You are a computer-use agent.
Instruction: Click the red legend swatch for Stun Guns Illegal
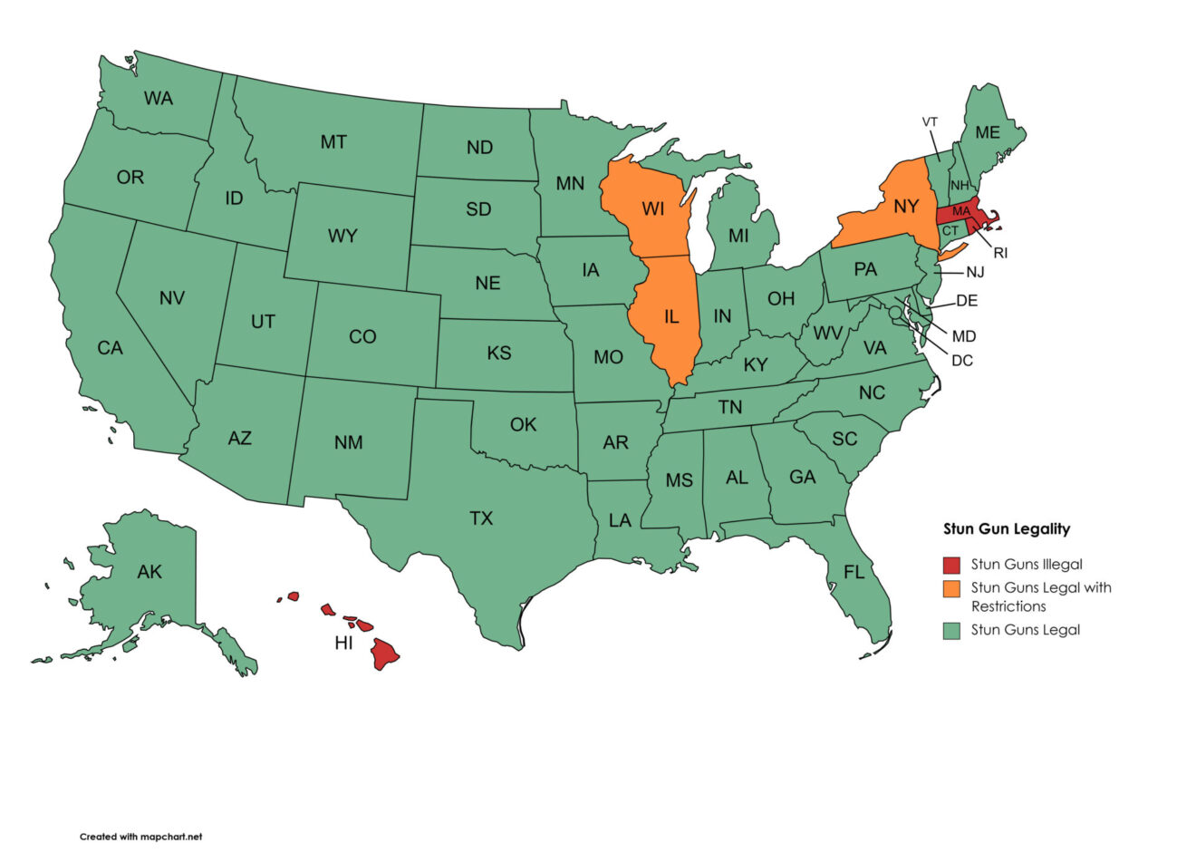951,565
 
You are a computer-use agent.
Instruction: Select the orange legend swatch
951,588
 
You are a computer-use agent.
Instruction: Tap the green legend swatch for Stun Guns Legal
951,631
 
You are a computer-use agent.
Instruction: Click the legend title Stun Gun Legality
1007,529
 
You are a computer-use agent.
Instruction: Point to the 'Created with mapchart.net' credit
140,837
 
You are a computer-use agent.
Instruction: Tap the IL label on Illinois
671,317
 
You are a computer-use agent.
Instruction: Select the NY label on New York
906,207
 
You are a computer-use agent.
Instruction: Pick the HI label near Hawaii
343,644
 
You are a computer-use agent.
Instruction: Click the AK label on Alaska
149,572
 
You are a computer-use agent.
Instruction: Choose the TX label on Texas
481,518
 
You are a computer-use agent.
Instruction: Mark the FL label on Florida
854,573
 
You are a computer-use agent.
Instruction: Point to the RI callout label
1000,253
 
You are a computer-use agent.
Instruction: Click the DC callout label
962,361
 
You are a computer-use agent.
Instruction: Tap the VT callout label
930,121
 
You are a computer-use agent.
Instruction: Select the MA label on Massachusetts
961,211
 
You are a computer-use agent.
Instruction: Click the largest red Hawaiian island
385,653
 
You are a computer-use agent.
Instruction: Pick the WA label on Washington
159,98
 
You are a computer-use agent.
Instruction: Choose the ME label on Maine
988,132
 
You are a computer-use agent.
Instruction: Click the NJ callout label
975,272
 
